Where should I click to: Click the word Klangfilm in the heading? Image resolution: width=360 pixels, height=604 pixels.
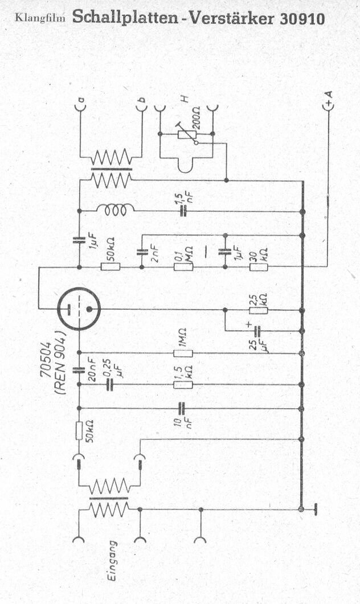click(40, 18)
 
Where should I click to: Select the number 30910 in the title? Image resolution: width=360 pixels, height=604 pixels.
click(302, 18)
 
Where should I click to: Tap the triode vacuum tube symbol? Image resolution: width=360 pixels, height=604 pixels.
click(79, 309)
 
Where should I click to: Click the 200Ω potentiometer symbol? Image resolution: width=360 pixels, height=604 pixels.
click(187, 134)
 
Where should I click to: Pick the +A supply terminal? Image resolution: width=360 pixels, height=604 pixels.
click(329, 104)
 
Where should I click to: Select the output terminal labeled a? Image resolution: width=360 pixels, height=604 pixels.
click(80, 105)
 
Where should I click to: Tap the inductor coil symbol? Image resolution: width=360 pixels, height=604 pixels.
click(116, 210)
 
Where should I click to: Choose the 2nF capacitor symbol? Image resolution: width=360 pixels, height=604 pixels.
click(141, 253)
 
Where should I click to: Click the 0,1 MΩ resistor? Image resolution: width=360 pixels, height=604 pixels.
click(183, 266)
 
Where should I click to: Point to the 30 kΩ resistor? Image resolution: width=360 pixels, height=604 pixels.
click(259, 266)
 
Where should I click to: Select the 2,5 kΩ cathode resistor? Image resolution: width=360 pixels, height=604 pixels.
click(259, 310)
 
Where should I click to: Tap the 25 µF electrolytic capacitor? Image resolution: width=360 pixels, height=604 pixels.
click(257, 331)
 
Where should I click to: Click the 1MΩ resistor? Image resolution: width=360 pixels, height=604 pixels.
click(183, 353)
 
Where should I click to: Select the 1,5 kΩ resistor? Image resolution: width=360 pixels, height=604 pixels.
click(183, 384)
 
